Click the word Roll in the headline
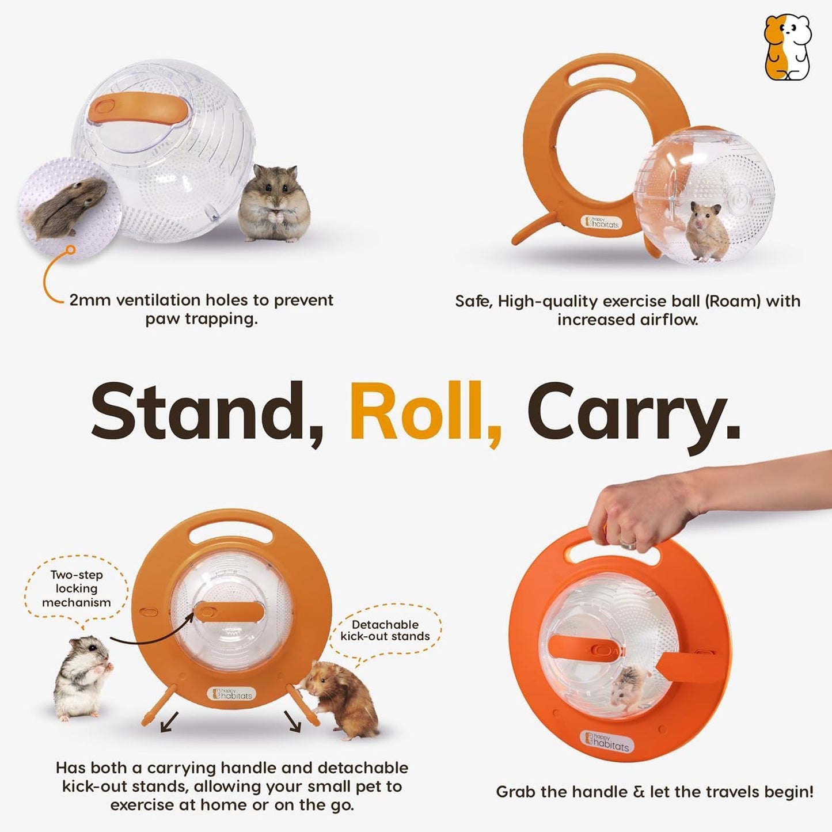click(425, 411)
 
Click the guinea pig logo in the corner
click(787, 47)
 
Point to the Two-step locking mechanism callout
click(76, 588)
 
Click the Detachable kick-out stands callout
click(385, 630)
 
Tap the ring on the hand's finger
click(628, 542)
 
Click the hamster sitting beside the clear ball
click(274, 203)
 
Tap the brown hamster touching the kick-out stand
click(342, 699)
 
